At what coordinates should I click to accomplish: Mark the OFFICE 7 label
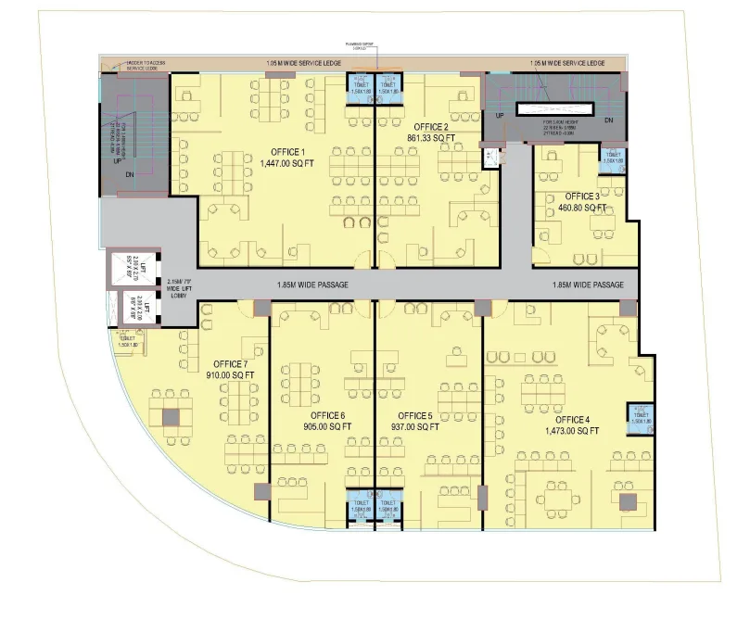(x=230, y=363)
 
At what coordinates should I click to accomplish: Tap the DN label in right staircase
(x=608, y=120)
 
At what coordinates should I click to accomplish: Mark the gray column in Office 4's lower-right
(x=628, y=502)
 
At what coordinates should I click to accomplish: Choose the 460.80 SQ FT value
(x=581, y=209)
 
